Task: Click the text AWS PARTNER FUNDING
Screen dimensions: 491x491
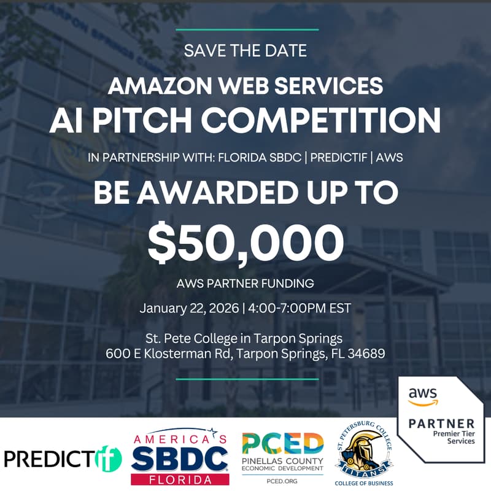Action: pos(245,284)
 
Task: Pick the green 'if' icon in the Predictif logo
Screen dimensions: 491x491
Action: pos(108,458)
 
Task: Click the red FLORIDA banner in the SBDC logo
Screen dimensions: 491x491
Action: pos(180,479)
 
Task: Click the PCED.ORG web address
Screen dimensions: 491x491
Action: pos(283,481)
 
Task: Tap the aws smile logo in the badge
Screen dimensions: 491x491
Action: pos(422,396)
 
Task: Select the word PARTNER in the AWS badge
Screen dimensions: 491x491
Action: pos(441,423)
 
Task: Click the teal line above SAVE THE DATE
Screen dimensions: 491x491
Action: pos(245,29)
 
